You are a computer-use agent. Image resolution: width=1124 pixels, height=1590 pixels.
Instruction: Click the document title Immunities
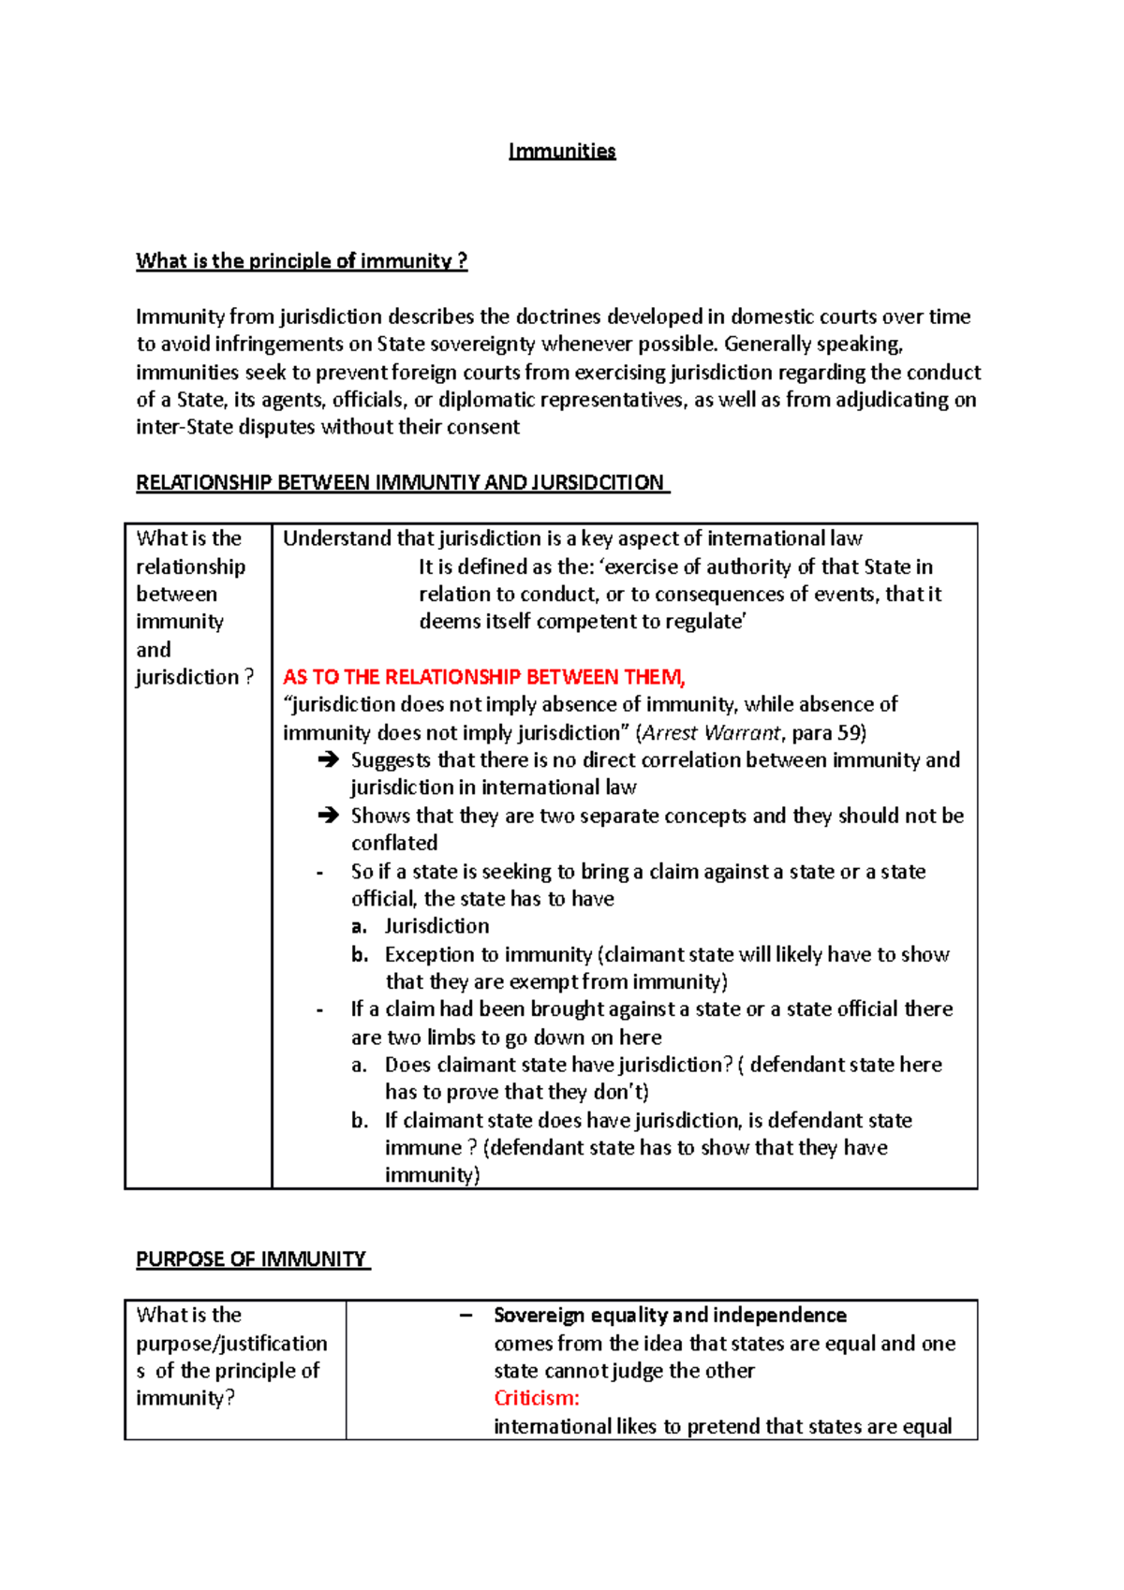click(x=562, y=151)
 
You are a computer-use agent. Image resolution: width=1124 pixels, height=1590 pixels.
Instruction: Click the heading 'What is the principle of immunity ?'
click(x=302, y=261)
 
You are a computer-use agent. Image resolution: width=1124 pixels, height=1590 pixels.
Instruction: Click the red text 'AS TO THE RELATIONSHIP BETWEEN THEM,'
click(x=484, y=677)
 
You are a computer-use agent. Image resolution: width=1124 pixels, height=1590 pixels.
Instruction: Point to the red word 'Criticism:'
click(x=537, y=1398)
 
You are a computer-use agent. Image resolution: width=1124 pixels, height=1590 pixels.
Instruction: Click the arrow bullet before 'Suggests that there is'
click(x=328, y=760)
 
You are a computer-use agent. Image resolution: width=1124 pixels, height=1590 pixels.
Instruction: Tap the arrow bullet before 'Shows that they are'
click(x=328, y=816)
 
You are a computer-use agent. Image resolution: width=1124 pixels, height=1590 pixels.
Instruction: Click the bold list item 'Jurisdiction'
click(x=436, y=926)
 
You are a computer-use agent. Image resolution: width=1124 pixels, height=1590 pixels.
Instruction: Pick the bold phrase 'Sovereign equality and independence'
click(x=670, y=1316)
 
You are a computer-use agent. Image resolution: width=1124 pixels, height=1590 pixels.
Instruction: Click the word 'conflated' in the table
click(x=394, y=843)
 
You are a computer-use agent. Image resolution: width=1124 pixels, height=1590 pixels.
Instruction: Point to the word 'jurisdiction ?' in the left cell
click(x=195, y=677)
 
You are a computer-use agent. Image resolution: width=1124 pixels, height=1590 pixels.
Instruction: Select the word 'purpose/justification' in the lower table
click(x=231, y=1344)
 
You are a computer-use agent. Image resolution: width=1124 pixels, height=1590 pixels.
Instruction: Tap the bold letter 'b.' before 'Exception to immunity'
click(x=360, y=954)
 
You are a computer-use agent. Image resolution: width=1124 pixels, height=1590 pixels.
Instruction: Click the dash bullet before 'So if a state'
click(x=320, y=872)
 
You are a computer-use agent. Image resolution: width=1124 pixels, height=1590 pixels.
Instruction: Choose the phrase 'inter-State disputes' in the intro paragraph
click(x=226, y=427)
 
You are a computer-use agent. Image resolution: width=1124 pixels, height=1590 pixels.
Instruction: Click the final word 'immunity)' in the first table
click(x=432, y=1175)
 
